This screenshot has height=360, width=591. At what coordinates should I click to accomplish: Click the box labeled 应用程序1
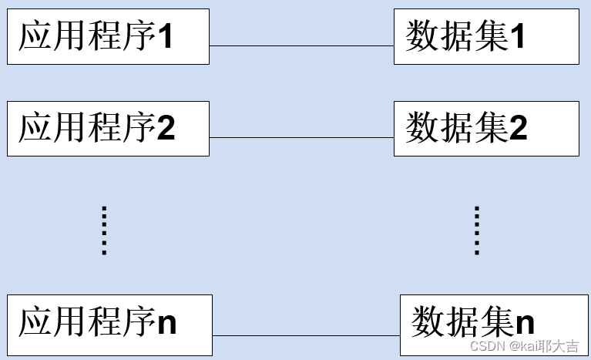108,36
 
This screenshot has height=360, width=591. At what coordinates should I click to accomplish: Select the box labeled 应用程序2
108,128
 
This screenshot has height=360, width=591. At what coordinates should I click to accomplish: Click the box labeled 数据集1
486,36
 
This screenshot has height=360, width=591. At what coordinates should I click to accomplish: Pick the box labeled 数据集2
486,128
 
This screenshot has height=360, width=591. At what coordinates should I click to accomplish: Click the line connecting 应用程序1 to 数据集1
301,46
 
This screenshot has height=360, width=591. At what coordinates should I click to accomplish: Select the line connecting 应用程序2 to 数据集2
301,138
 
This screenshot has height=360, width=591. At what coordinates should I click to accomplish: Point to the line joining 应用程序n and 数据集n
305,336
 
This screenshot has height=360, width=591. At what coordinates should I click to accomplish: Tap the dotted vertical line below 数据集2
477,230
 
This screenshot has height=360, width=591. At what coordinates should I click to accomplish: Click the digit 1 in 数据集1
517,37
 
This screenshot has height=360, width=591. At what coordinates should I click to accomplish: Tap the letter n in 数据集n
525,323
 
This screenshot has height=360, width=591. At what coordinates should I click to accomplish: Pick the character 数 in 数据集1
423,36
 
